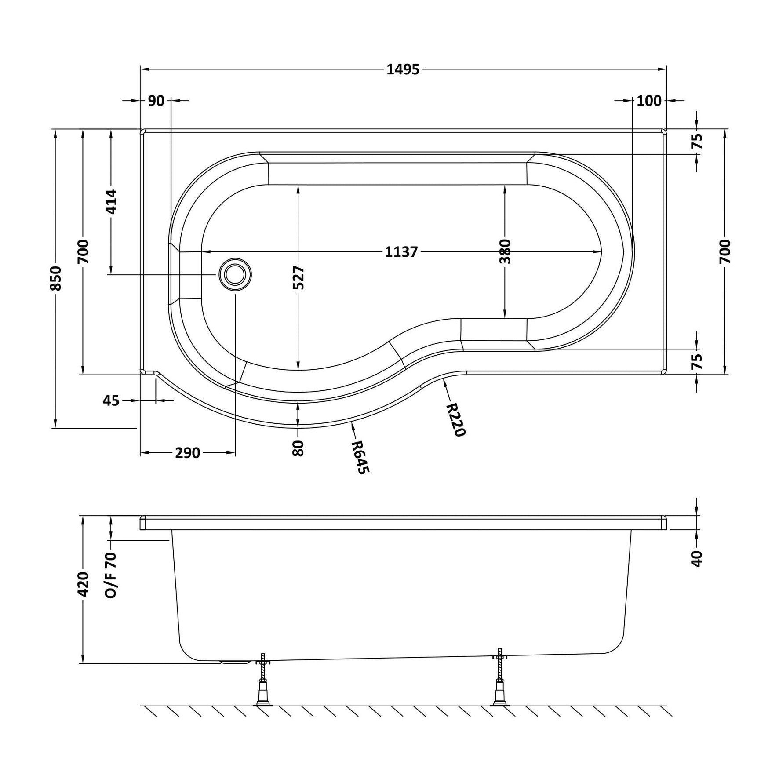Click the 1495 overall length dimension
(x=403, y=69)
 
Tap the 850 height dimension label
(x=56, y=278)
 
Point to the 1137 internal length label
(x=401, y=252)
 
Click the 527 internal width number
(x=298, y=278)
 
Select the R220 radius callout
(x=455, y=420)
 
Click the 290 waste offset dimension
(x=188, y=453)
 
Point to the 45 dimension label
(x=111, y=400)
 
